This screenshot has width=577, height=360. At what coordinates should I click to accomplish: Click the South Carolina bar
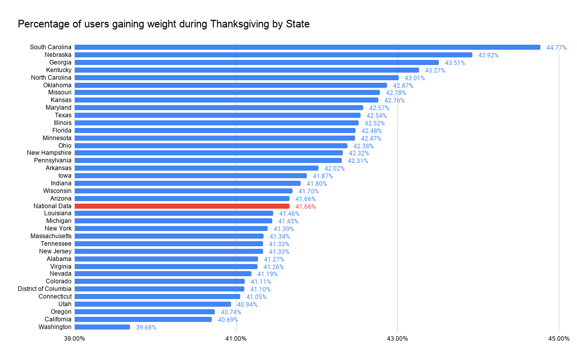click(307, 47)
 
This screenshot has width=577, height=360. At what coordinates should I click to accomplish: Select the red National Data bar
click(182, 206)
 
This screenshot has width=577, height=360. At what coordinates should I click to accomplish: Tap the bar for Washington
click(102, 327)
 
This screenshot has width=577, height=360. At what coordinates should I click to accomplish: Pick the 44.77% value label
click(556, 48)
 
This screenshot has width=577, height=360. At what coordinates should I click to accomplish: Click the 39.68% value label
click(146, 328)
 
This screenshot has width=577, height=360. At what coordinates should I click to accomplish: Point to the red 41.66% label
click(305, 207)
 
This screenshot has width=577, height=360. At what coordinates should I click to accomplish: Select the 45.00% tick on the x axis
click(559, 339)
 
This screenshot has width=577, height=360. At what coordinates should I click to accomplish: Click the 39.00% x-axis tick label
click(75, 339)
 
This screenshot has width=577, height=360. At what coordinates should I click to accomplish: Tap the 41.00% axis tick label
click(236, 339)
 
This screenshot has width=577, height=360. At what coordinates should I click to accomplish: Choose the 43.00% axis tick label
click(397, 339)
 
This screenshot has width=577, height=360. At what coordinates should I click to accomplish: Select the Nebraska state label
click(58, 55)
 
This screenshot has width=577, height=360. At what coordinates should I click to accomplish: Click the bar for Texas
click(217, 115)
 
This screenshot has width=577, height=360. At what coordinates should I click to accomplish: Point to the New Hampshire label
click(49, 153)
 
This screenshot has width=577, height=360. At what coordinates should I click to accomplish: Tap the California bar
click(143, 319)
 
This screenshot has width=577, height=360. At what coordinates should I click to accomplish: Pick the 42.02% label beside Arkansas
click(334, 169)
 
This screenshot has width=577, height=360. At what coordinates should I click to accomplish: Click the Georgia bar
click(257, 62)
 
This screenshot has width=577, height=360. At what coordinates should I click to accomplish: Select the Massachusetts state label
click(51, 236)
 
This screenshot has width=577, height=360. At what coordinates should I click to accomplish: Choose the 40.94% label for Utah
click(247, 305)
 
